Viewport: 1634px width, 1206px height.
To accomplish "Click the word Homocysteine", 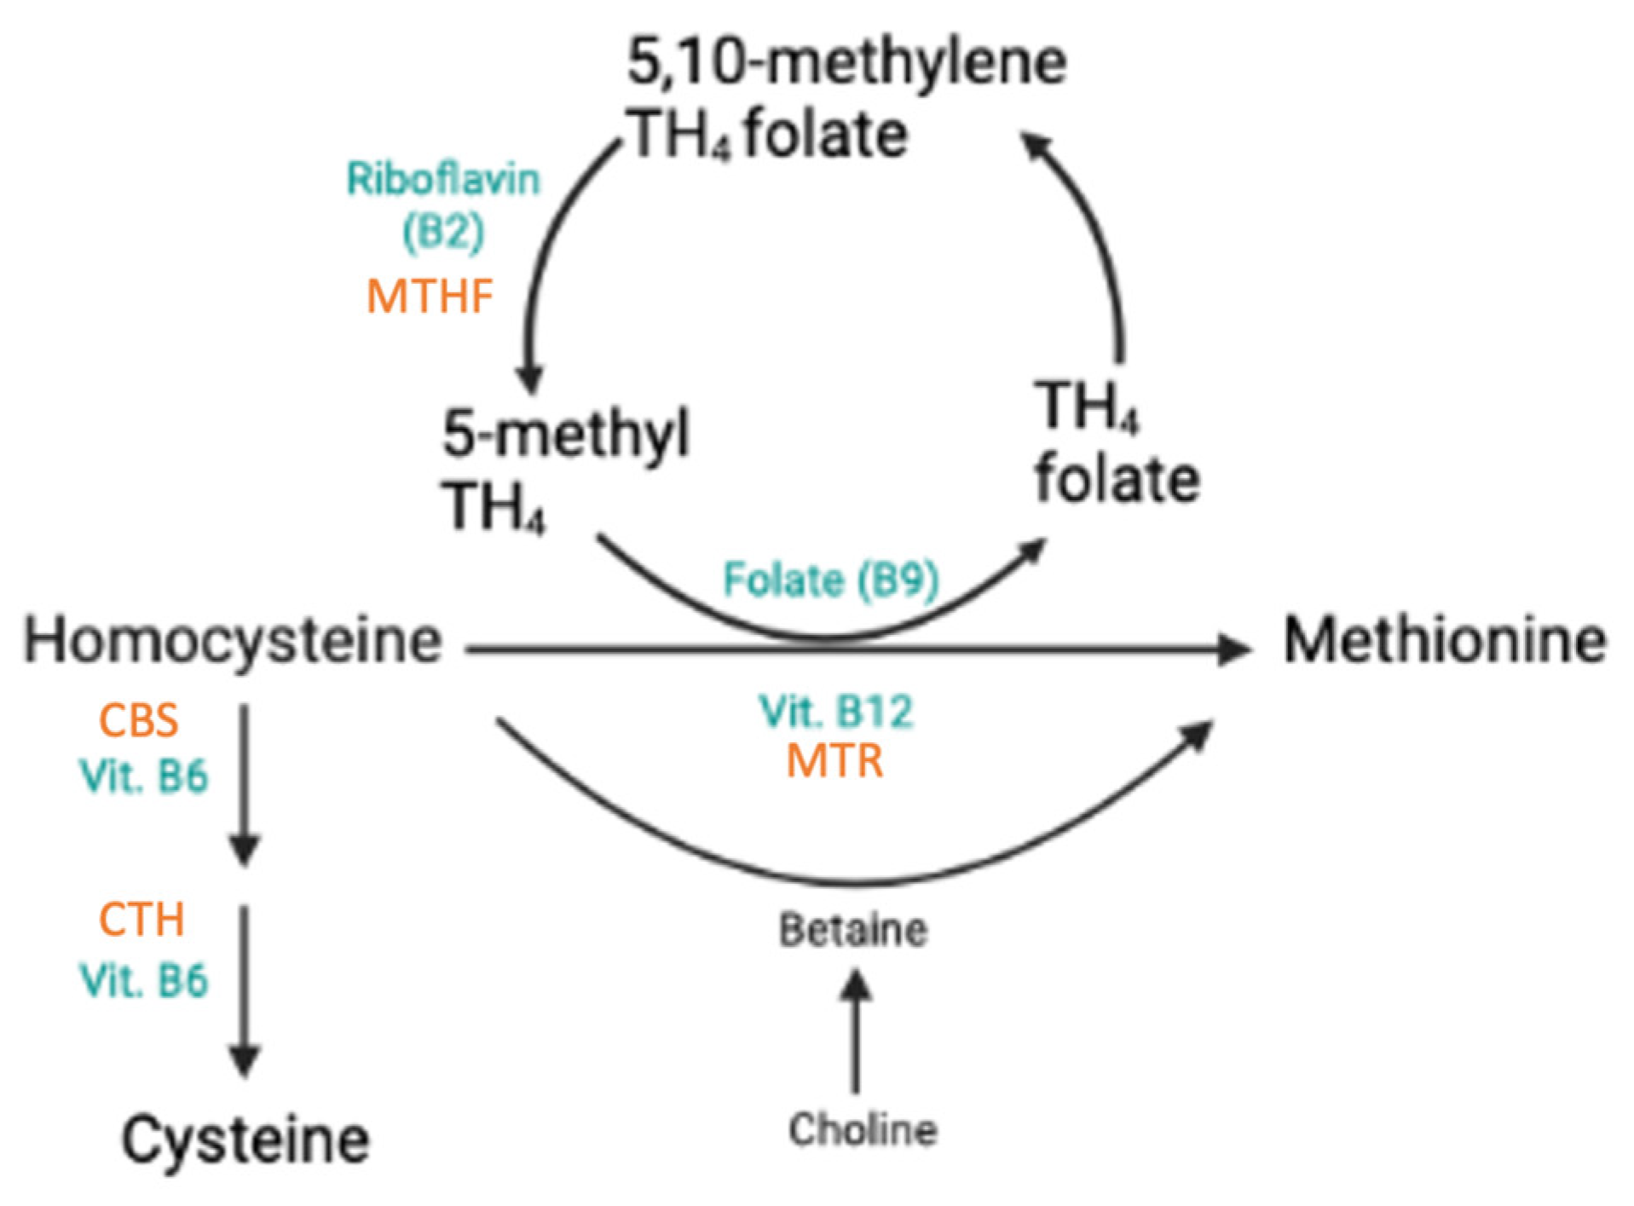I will click(233, 641).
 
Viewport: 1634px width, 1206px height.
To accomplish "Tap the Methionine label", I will click(1445, 641).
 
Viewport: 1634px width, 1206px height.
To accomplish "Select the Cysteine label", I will click(245, 1140).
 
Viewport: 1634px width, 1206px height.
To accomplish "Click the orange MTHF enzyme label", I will click(430, 297).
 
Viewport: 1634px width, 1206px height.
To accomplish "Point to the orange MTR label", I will click(834, 761).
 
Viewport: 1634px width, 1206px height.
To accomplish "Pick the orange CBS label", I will click(138, 721).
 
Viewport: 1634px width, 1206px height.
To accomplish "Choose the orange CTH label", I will click(141, 920).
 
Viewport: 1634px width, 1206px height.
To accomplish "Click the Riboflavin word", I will click(443, 180).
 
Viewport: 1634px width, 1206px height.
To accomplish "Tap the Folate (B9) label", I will click(831, 580).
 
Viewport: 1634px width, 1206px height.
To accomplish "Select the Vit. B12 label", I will click(835, 712).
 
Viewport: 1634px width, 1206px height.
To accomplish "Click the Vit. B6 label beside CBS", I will click(143, 776).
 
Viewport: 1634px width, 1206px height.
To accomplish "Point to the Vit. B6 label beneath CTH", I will click(143, 980).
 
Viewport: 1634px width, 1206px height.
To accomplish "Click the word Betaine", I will click(853, 930).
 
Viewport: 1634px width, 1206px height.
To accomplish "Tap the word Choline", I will click(863, 1130).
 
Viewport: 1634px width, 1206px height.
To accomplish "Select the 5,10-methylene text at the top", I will click(846, 62).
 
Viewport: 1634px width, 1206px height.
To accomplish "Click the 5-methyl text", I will click(565, 434).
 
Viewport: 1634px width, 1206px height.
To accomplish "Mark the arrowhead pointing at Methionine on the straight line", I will click(1233, 649).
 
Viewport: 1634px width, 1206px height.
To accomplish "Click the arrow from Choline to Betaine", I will click(855, 1031).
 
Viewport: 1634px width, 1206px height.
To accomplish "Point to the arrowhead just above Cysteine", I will click(245, 1059).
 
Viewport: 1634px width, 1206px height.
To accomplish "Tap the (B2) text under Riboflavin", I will click(443, 232).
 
